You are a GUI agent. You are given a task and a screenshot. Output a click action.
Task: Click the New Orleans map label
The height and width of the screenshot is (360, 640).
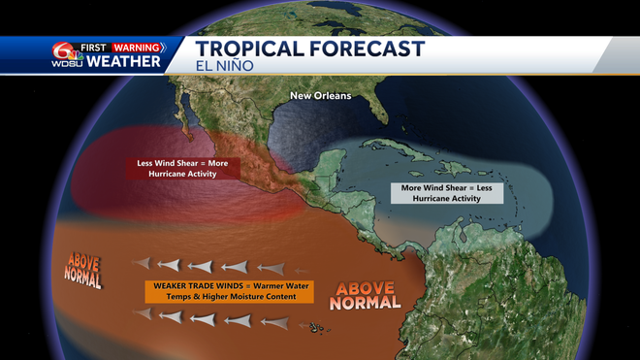tap(321, 96)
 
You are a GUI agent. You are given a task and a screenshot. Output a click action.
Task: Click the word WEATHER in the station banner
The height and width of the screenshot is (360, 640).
tap(123, 62)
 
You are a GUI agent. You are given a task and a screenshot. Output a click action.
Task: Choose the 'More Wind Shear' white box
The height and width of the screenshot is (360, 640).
tap(447, 191)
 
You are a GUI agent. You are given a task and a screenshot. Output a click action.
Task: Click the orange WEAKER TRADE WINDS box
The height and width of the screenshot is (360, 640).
tap(220, 291)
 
